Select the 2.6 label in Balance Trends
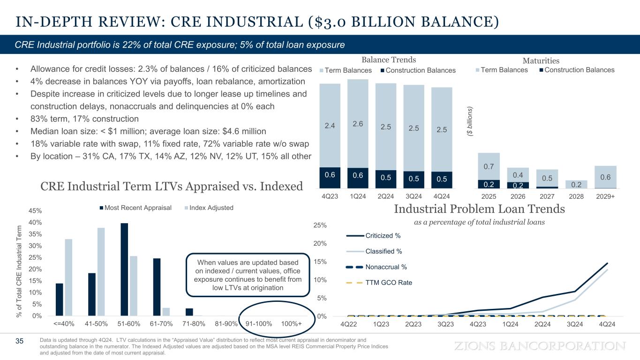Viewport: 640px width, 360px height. pos(358,124)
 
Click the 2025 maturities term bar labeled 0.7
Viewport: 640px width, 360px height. pos(489,166)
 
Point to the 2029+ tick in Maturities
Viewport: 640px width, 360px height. pos(605,196)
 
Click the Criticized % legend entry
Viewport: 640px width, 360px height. pos(373,235)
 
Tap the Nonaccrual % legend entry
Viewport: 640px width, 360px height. pos(376,267)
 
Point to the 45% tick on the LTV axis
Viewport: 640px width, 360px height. pos(30,211)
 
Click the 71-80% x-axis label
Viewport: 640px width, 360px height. pos(188,324)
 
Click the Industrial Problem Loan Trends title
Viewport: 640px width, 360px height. pos(479,209)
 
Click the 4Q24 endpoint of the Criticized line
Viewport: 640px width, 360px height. pos(607,263)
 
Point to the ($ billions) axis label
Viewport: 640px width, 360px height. pos(471,123)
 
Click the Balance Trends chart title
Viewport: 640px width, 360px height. pos(389,60)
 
